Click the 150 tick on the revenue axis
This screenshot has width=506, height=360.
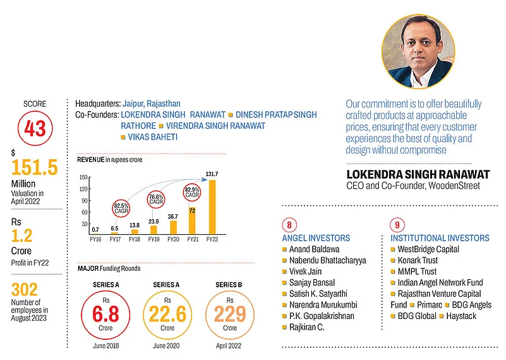click(83, 178)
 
